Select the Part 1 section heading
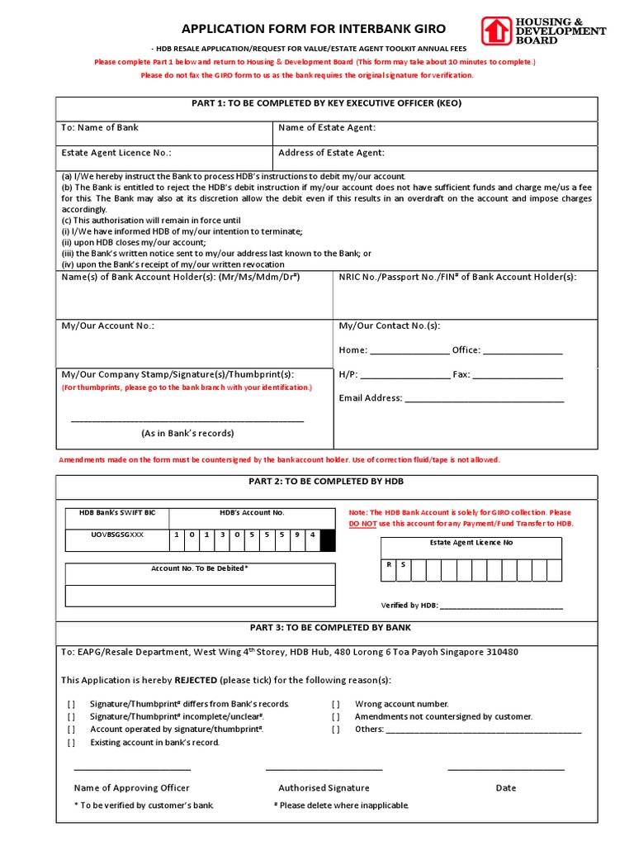(326, 103)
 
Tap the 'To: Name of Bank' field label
(100, 127)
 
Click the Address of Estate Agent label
(331, 153)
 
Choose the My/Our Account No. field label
(108, 326)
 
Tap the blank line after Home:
(409, 350)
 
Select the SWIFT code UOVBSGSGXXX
(116, 535)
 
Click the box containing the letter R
(389, 566)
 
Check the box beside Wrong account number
(336, 704)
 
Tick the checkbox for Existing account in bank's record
(72, 743)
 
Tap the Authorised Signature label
(324, 788)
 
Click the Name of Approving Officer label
(132, 788)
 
